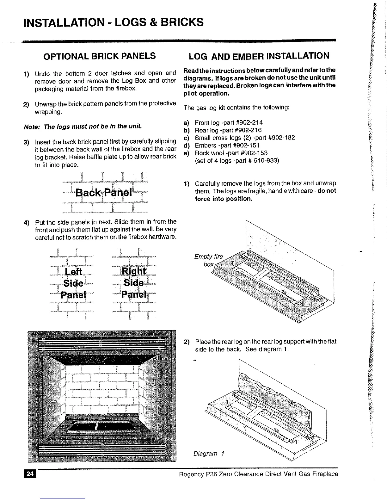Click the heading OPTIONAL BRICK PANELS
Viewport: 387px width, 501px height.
[100, 56]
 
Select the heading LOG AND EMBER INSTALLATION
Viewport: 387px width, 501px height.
[259, 56]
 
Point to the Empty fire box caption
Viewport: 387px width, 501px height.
[208, 260]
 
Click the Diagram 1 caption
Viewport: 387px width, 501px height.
[209, 454]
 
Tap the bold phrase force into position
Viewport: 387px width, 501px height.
[224, 199]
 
